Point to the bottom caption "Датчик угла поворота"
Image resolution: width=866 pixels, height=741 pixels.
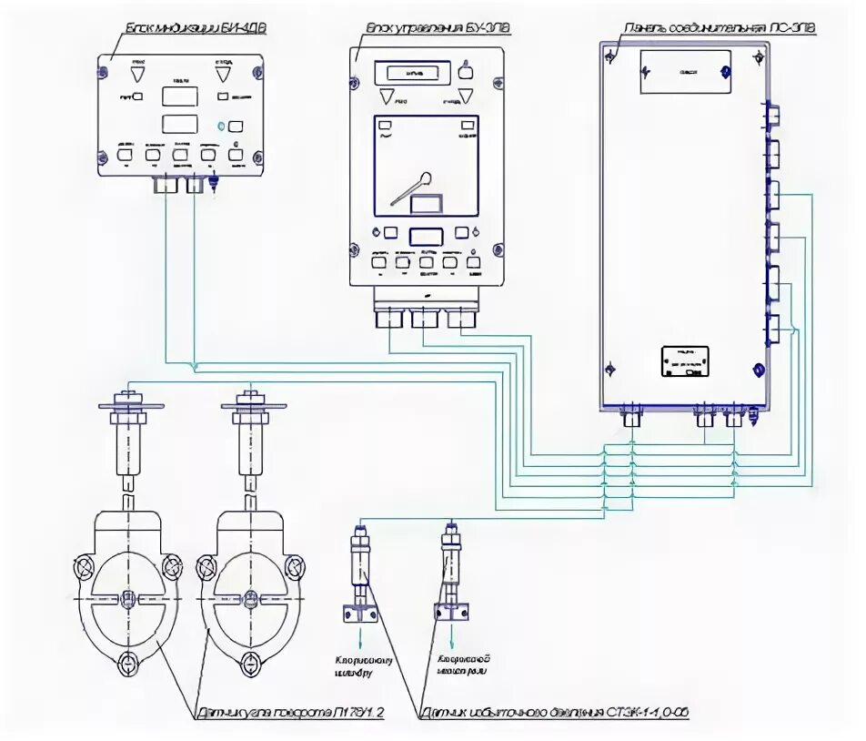point(290,715)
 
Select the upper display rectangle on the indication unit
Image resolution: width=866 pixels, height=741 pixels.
point(181,96)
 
